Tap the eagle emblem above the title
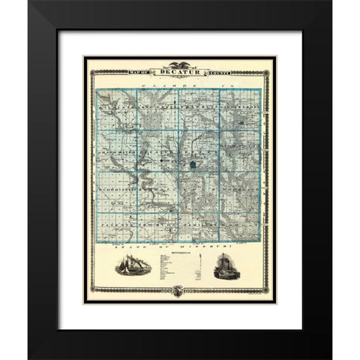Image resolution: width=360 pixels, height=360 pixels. (x=180, y=64)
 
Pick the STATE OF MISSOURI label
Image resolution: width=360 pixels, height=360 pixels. (x=180, y=245)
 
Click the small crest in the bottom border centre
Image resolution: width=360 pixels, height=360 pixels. (x=180, y=291)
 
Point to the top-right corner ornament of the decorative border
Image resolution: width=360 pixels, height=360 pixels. (x=268, y=70)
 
